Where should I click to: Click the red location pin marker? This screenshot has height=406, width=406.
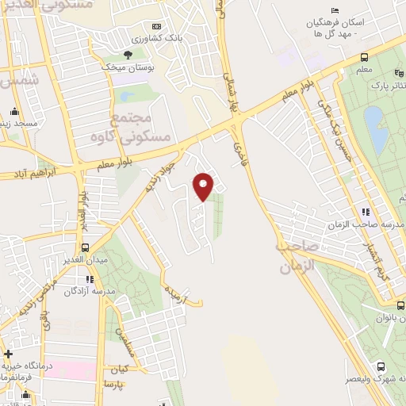(204, 186)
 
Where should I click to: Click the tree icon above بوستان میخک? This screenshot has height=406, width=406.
(127, 55)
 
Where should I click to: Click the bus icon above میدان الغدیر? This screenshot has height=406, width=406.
(86, 247)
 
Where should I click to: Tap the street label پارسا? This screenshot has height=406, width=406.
(116, 385)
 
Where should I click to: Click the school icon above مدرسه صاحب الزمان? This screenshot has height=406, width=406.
(366, 212)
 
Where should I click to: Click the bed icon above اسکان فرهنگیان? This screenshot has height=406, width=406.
(335, 10)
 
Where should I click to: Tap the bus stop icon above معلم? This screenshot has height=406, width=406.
(364, 58)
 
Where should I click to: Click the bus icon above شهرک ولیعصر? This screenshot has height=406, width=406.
(381, 366)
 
